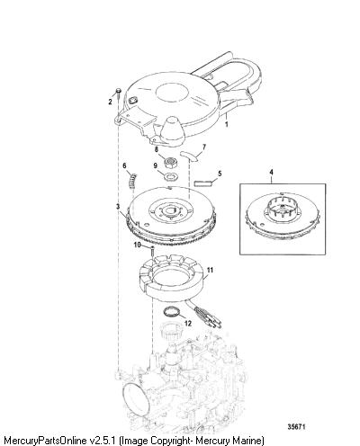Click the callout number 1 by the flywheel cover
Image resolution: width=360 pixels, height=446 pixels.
tap(227, 124)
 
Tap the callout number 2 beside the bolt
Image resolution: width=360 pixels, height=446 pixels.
tap(110, 102)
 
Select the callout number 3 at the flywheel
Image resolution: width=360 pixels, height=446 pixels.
tap(118, 207)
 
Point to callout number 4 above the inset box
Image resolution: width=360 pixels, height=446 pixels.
tap(271, 172)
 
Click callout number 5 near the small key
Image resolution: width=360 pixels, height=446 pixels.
tap(220, 174)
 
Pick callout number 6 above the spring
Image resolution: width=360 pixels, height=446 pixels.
tap(124, 165)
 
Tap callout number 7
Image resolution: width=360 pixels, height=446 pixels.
tap(204, 147)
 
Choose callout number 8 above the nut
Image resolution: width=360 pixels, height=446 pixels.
tap(157, 149)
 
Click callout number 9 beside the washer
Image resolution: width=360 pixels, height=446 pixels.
tap(155, 165)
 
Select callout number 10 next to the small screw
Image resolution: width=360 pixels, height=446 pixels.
tap(137, 245)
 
